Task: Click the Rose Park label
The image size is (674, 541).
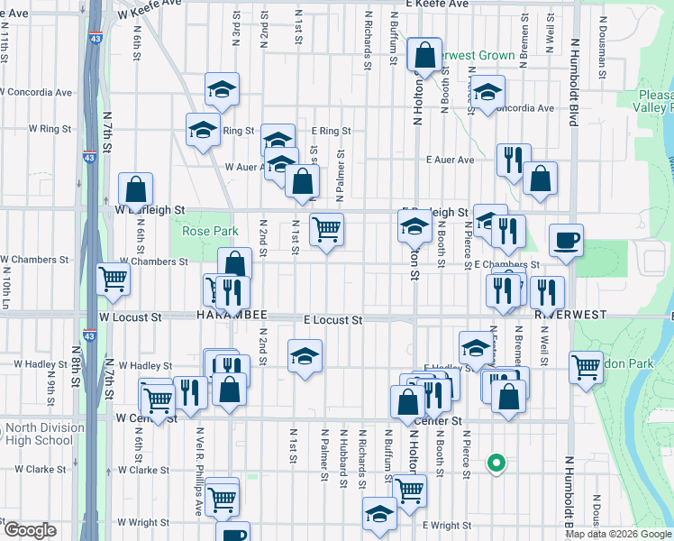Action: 210,232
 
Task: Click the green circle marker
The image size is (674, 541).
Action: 495,463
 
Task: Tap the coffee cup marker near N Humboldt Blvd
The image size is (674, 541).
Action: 566,241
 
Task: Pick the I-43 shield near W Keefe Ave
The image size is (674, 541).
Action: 96,40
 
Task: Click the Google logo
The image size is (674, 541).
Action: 29,530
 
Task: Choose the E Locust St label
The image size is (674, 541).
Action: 332,320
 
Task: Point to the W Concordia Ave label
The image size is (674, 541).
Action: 36,92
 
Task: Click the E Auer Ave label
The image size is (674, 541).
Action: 451,160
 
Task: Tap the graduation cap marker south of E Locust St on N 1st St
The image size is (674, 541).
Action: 305,355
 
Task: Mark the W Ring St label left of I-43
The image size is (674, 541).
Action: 50,129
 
